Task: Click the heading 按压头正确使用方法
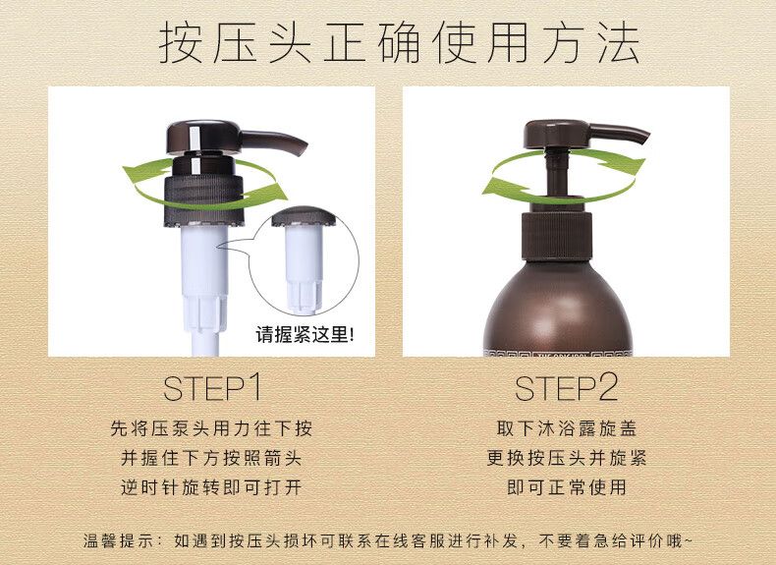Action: tap(399, 44)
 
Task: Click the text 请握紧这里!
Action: tap(305, 335)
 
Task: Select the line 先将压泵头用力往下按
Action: tap(211, 428)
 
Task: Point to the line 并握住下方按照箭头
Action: tap(211, 458)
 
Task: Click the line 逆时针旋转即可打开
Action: tap(211, 487)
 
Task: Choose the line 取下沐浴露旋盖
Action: tap(566, 428)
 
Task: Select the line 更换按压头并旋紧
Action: tap(566, 458)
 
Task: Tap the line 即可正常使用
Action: tap(566, 487)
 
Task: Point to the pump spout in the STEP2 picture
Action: tap(619, 133)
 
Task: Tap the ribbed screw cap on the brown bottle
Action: tap(557, 236)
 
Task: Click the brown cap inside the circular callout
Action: tap(304, 216)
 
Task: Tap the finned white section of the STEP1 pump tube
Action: tap(205, 311)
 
